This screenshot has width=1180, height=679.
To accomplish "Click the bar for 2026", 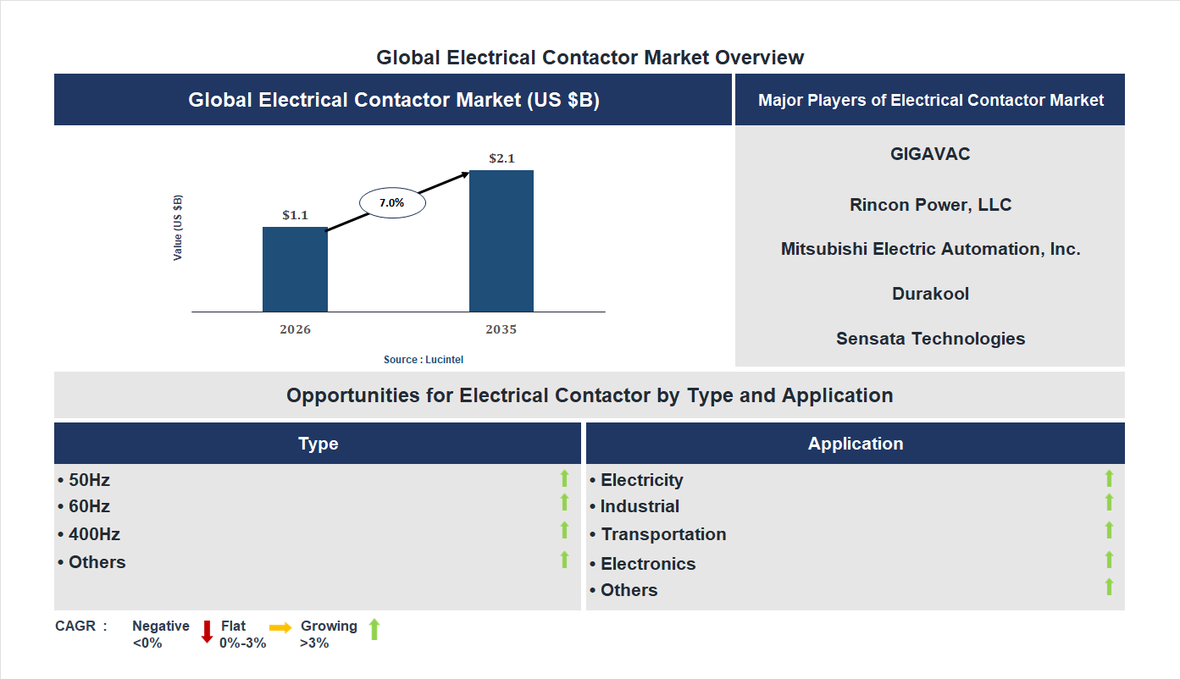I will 295,269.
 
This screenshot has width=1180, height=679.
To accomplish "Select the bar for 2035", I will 501,241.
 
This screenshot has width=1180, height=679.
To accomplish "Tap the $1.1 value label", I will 295,215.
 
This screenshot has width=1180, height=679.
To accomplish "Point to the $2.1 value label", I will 501,158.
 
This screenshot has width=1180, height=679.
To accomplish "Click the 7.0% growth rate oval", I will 392,203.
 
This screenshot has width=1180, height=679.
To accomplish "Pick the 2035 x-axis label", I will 501,329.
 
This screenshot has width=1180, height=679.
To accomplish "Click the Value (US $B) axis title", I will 178,228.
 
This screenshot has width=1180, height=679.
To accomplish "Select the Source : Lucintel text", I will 424,360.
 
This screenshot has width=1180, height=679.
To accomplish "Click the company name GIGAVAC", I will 930,154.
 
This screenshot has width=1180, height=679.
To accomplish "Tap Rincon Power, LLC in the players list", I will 930,205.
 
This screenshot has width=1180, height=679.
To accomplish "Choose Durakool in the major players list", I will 930,294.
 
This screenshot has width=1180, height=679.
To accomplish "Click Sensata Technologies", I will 930,339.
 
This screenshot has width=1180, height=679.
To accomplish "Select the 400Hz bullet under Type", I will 89,534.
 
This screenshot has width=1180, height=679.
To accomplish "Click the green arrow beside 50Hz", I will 564,479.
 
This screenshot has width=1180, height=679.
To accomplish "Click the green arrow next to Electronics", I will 1109,560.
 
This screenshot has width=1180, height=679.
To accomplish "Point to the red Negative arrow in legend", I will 207,632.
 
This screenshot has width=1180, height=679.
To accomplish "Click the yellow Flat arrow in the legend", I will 280,627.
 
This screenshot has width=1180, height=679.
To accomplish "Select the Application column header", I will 856,444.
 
